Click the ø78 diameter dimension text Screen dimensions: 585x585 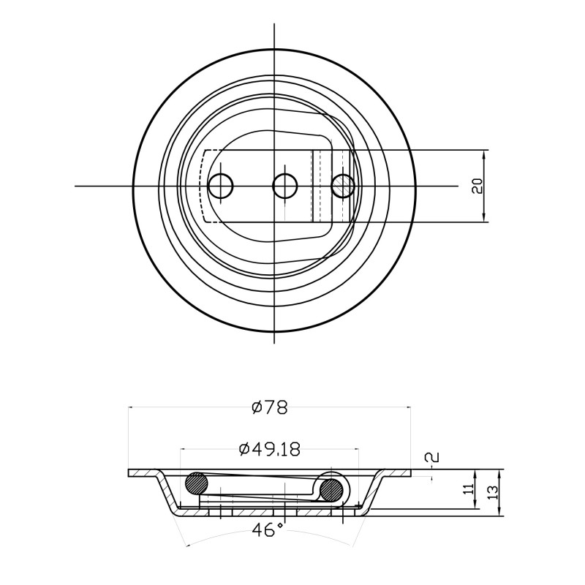click(x=270, y=408)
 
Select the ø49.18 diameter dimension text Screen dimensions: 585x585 click(x=270, y=450)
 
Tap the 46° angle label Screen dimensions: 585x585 click(x=268, y=529)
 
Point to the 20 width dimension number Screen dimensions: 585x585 click(x=478, y=186)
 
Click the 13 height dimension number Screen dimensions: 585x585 click(x=492, y=492)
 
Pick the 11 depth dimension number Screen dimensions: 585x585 click(x=469, y=488)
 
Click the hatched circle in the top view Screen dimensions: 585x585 click(x=343, y=186)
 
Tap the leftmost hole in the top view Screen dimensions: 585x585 click(x=221, y=186)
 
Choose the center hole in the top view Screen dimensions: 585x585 click(x=284, y=186)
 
